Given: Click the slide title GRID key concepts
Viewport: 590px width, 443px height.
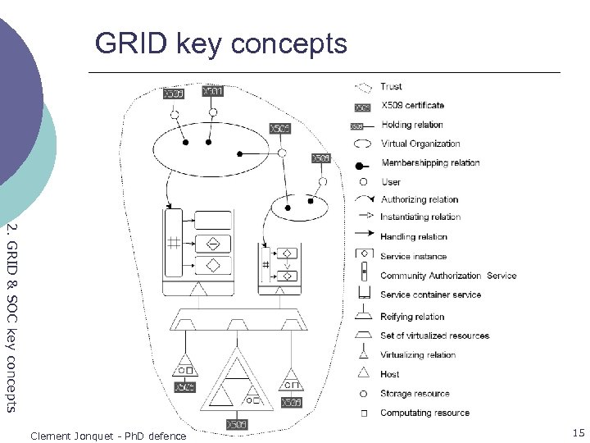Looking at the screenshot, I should [221, 43].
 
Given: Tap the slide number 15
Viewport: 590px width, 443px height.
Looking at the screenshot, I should [579, 432].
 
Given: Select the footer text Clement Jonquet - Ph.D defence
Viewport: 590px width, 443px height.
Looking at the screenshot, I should [108, 436].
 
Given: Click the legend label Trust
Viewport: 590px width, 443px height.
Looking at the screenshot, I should [392, 86].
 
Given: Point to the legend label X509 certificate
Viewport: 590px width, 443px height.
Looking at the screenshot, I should [412, 105].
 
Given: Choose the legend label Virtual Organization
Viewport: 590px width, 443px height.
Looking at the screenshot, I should [420, 144].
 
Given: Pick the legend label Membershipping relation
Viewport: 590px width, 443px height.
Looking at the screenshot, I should [430, 162].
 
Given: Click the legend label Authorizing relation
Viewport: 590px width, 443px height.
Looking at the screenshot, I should [420, 199].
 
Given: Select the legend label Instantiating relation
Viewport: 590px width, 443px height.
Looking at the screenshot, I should [420, 217].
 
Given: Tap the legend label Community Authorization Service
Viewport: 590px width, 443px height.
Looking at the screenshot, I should [448, 276].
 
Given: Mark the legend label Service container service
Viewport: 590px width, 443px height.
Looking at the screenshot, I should [431, 295].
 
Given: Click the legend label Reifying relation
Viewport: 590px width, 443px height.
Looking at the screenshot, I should [412, 317].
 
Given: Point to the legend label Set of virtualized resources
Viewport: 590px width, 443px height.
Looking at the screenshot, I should [434, 336].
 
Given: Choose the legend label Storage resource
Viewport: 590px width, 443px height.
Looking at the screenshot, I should [415, 394].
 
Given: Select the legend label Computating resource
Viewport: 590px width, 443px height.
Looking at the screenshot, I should [424, 413].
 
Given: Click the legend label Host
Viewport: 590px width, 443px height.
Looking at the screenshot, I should [390, 374].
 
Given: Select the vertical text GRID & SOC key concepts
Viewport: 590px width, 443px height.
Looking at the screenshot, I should [11, 316].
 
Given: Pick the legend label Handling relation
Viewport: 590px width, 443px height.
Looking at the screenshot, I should [414, 237].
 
